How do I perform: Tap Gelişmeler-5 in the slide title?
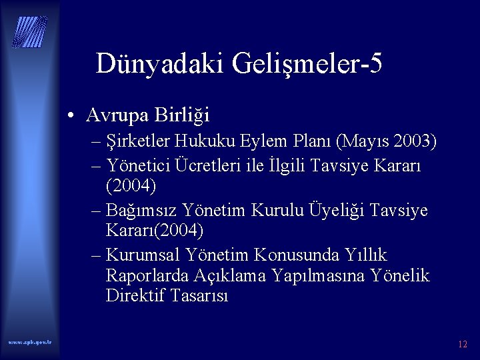tap(308, 64)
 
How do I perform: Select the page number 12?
tap(463, 345)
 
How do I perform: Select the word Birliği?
tap(183, 115)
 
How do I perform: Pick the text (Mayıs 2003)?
tap(387, 143)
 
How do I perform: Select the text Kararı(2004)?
tap(155, 230)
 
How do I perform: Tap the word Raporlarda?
tap(147, 276)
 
